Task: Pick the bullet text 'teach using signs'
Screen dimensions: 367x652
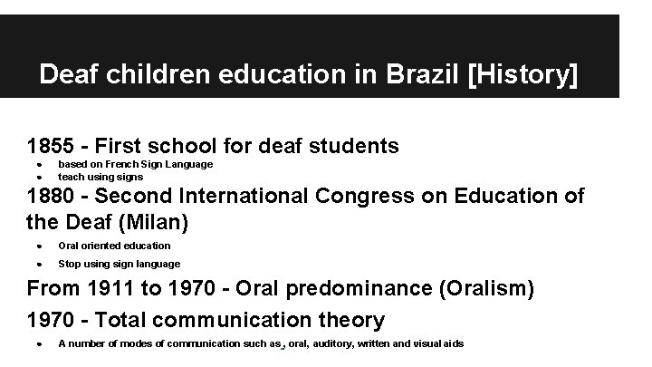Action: point(100,177)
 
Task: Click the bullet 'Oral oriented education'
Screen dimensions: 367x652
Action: point(114,246)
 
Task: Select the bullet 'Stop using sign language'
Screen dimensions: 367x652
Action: point(119,264)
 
